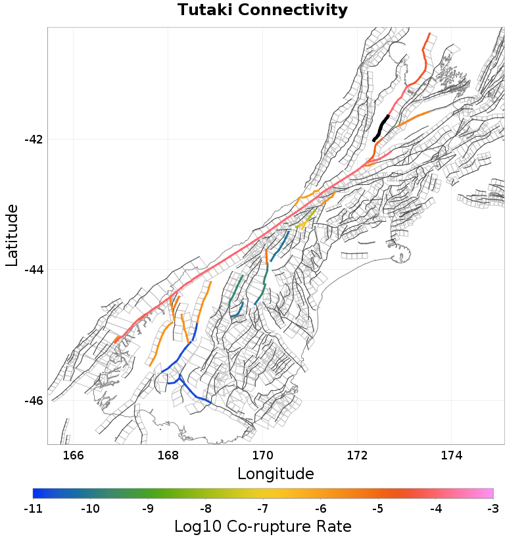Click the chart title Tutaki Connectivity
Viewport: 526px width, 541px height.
pos(262,11)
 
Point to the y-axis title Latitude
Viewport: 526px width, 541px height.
pos(12,235)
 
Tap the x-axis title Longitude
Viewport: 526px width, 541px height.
pos(275,473)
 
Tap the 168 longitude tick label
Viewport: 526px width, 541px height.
pos(168,455)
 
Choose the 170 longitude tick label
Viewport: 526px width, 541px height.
pos(262,455)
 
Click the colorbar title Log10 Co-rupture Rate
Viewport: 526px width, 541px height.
pos(262,527)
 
